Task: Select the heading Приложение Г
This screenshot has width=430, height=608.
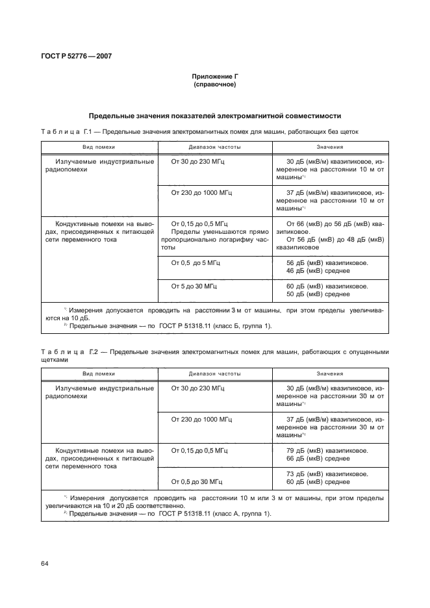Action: coord(214,77)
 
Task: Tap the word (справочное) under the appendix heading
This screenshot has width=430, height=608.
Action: coord(214,84)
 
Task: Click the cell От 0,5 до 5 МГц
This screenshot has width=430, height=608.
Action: coord(196,262)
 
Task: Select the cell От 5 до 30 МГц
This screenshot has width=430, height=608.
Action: coord(194,286)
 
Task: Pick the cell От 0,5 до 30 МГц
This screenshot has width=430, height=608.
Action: coord(197,481)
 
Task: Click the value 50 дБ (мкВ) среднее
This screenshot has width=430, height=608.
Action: coord(318,294)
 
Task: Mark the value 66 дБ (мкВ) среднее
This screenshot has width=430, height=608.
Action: coord(318,458)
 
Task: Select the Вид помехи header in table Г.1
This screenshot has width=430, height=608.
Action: coord(99,147)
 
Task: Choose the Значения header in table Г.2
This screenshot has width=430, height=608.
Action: coord(330,374)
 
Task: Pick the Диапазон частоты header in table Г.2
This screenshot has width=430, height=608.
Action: coord(214,374)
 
